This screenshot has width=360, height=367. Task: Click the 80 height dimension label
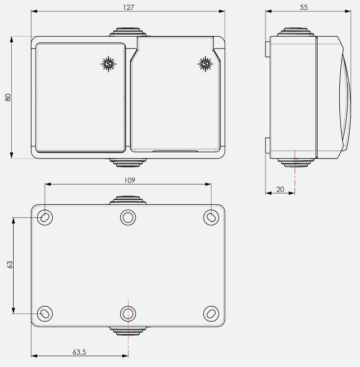[8, 97]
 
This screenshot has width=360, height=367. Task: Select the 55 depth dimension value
[304, 7]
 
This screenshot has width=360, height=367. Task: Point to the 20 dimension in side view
[280, 189]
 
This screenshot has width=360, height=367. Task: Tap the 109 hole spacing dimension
[130, 180]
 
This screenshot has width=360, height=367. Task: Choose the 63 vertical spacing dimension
[10, 264]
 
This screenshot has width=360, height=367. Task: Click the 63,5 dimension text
[79, 351]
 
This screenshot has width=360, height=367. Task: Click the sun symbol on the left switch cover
[109, 64]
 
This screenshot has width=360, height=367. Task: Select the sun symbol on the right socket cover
[205, 64]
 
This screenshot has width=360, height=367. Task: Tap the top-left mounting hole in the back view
[45, 217]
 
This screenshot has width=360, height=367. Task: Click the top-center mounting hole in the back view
[128, 217]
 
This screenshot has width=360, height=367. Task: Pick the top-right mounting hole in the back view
[211, 217]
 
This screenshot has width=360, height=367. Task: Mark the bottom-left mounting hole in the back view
[45, 313]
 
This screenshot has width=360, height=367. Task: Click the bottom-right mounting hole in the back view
[211, 313]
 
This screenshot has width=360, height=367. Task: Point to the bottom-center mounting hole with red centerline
[128, 313]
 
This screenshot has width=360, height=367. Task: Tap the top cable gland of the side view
[295, 32]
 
